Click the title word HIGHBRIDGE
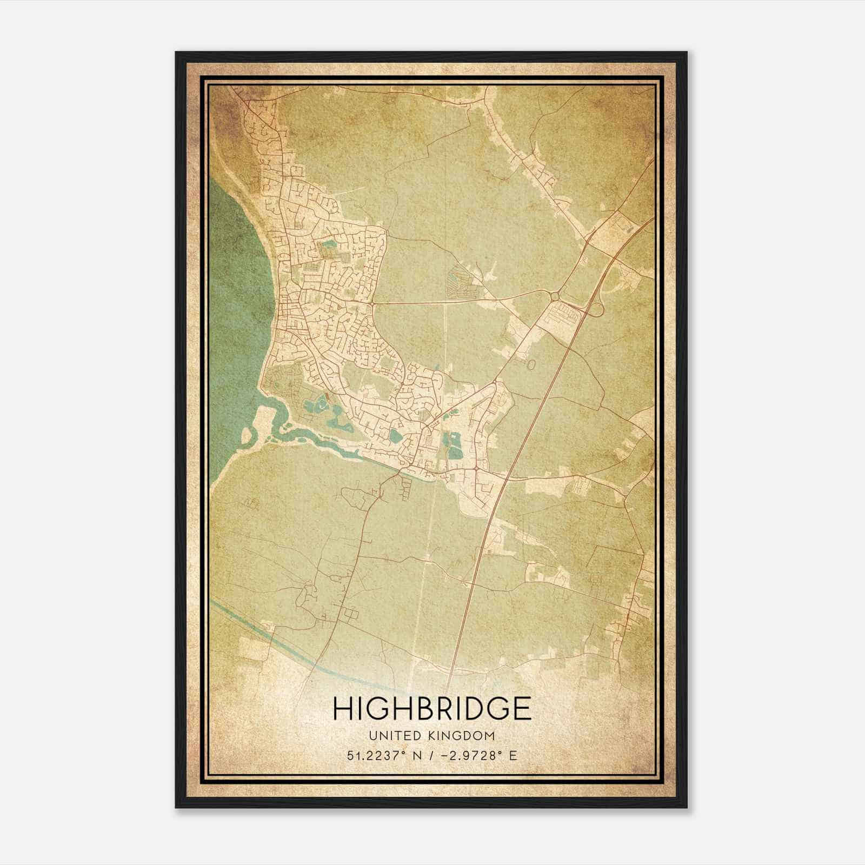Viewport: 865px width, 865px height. coord(432,708)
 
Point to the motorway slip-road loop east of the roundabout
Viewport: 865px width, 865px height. coord(595,310)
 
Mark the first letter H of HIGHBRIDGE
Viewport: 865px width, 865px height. coord(342,708)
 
